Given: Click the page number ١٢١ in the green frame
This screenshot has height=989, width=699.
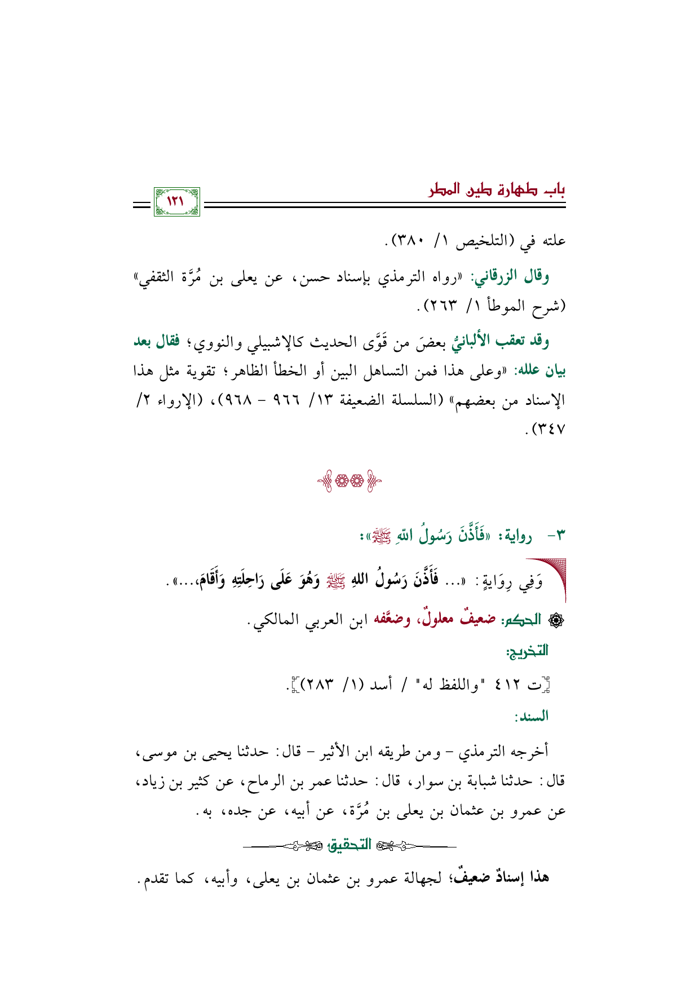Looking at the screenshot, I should pyautogui.click(x=176, y=201).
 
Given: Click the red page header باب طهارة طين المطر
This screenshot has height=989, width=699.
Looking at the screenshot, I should pyautogui.click(x=497, y=189).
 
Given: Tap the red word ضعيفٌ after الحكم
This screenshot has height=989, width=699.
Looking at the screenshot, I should pyautogui.click(x=478, y=620).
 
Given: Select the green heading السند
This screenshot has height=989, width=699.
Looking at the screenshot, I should pyautogui.click(x=530, y=717).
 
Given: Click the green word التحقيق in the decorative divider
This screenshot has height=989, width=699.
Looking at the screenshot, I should pyautogui.click(x=349, y=845).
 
